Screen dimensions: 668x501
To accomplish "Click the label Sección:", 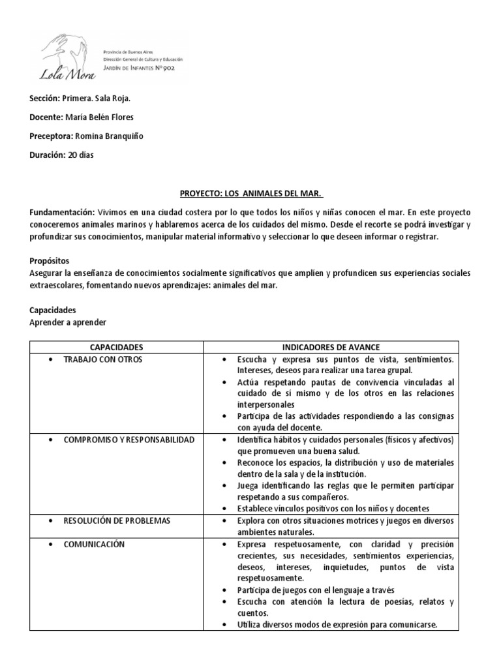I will pyautogui.click(x=45, y=99).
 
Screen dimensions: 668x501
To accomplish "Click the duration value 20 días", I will pyautogui.click(x=82, y=155).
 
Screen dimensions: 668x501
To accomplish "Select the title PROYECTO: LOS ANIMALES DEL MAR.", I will pyautogui.click(x=250, y=194).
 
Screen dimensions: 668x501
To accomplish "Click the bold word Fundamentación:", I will pyautogui.click(x=62, y=213).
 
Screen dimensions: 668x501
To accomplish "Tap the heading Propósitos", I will pyautogui.click(x=50, y=260).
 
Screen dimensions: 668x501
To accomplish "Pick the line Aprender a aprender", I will pyautogui.click(x=68, y=322).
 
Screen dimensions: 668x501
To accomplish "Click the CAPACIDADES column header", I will pyautogui.click(x=117, y=347).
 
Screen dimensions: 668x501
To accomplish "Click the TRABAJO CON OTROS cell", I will pyautogui.click(x=103, y=359).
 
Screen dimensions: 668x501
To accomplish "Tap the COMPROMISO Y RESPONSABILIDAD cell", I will pyautogui.click(x=129, y=440).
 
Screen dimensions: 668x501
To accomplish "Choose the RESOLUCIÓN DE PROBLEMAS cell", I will pyautogui.click(x=117, y=521).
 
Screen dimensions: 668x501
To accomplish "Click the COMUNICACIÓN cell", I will pyautogui.click(x=94, y=544).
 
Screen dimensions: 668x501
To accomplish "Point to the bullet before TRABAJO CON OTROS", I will pyautogui.click(x=51, y=359).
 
